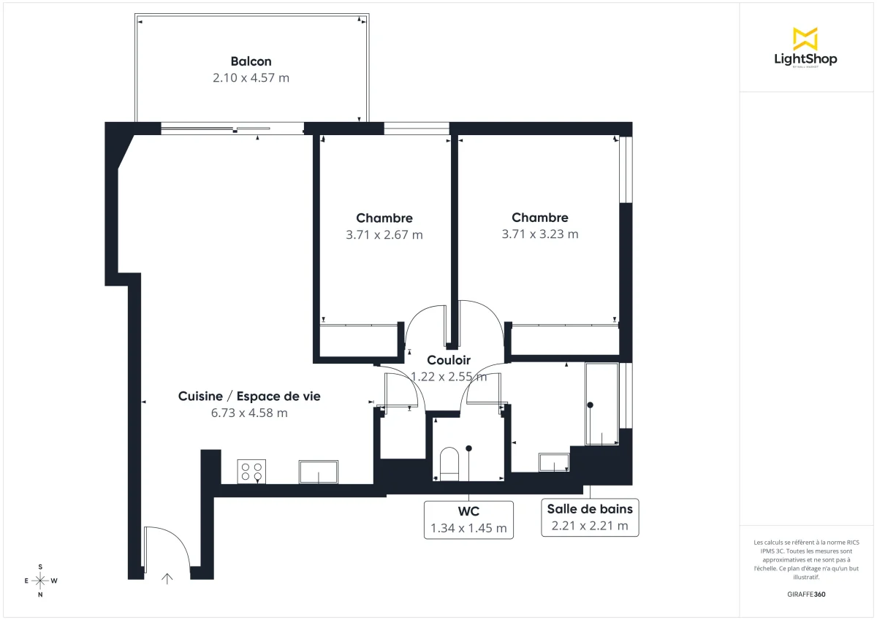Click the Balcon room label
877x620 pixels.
point(251,61)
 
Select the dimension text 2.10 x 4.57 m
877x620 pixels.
point(251,77)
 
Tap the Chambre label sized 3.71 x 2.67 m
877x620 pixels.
point(384,218)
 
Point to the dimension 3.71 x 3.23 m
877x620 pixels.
point(540,234)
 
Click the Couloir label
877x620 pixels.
point(448,360)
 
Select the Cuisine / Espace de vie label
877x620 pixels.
point(249,396)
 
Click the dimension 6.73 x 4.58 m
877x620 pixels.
point(249,413)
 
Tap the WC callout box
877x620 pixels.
point(469,519)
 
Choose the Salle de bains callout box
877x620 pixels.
point(590,517)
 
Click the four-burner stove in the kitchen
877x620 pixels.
point(251,471)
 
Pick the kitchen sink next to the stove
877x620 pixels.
point(319,471)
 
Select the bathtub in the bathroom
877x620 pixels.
point(601,404)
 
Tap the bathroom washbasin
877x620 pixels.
point(554,462)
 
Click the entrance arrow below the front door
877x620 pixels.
point(167,578)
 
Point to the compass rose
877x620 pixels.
point(40,581)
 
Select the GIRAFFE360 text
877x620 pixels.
point(805,594)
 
